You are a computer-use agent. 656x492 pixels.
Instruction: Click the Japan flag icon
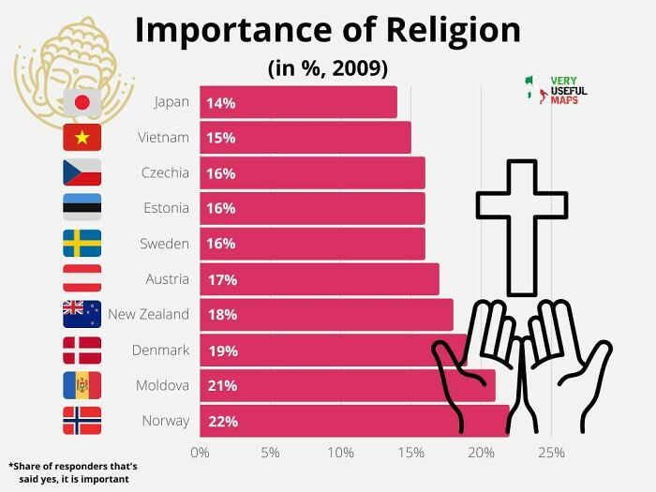click(x=82, y=102)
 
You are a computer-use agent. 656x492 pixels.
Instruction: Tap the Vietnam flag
click(x=82, y=138)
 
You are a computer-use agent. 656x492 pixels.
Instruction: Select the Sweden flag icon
click(x=82, y=244)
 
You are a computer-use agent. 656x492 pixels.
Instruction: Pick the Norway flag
click(x=82, y=421)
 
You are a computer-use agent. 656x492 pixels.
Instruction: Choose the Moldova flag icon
click(x=82, y=385)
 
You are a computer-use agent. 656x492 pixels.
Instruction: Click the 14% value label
click(x=221, y=103)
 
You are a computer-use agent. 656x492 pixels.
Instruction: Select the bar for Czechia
click(x=309, y=173)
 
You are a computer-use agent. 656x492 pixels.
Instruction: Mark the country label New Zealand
click(x=148, y=314)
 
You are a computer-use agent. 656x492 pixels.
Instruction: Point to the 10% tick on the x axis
click(x=340, y=454)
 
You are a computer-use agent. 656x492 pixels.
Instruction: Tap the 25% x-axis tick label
click(x=551, y=454)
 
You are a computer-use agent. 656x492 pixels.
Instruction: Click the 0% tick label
click(x=200, y=454)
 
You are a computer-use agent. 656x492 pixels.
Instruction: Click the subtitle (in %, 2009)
click(x=327, y=68)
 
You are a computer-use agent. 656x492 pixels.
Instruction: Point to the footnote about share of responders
click(x=73, y=472)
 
